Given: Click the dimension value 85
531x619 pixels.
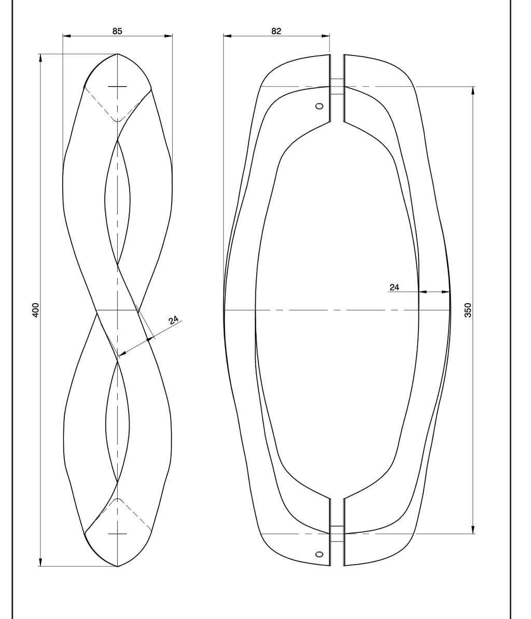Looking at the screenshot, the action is click(117, 31).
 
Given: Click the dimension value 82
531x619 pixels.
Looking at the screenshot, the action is click(276, 31).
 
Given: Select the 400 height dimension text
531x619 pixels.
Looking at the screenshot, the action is click(35, 310).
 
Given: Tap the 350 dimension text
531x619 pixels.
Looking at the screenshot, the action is click(468, 310).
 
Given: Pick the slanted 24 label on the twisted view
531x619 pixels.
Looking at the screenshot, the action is click(174, 320).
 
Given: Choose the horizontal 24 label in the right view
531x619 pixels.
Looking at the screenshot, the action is click(394, 287).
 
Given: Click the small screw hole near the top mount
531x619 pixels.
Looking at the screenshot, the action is click(319, 106).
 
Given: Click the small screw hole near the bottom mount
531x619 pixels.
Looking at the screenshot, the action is click(319, 554).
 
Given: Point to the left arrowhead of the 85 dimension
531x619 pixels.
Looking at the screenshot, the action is click(67, 36).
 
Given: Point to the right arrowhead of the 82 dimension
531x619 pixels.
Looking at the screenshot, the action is click(326, 36).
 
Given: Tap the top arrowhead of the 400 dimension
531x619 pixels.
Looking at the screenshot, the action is click(40, 58).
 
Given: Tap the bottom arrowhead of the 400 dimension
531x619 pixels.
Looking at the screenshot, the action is click(40, 562).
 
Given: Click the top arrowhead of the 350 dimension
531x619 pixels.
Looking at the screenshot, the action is click(473, 90).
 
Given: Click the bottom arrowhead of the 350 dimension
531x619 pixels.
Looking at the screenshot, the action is click(473, 529).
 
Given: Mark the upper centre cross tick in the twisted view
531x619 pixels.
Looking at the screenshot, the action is click(118, 86).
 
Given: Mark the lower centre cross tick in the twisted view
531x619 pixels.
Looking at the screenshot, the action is click(118, 534).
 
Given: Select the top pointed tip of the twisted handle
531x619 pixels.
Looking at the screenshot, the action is click(118, 53).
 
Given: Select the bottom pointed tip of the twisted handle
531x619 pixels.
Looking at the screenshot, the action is click(118, 566).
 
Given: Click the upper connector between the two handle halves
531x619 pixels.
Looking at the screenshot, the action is click(337, 87).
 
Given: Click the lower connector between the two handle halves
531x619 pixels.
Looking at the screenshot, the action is click(337, 533).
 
